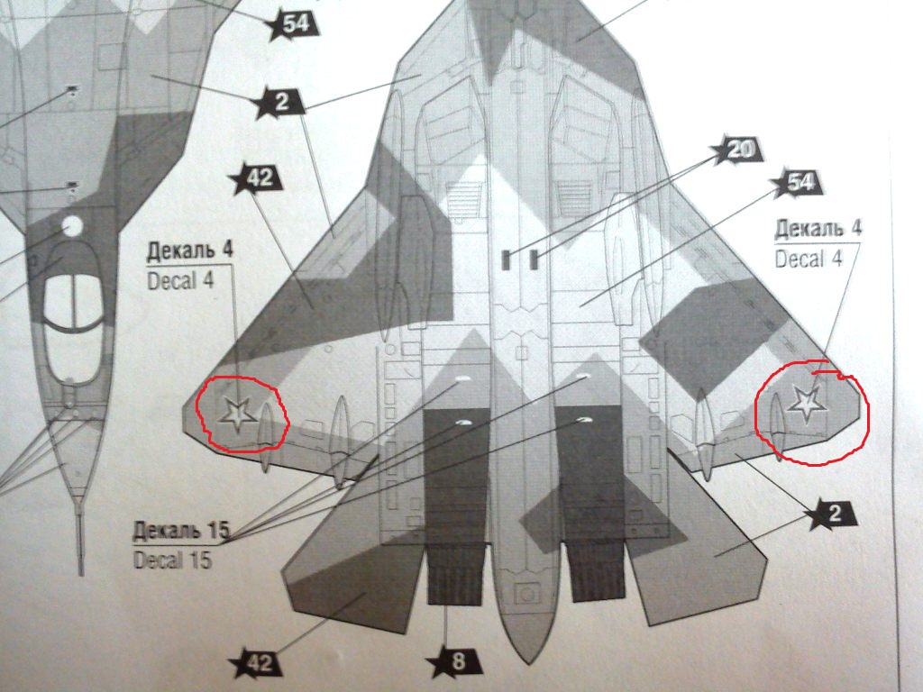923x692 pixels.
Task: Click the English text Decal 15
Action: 173,560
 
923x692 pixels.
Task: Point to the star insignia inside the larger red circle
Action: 803,403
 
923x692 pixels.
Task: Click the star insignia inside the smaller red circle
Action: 236,414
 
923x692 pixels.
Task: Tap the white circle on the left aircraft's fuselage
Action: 71,224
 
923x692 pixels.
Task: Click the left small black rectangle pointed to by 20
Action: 506,260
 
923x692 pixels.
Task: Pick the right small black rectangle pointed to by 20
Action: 534,260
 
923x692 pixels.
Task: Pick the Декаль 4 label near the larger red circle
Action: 818,228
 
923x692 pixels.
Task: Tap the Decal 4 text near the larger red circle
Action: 809,259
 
